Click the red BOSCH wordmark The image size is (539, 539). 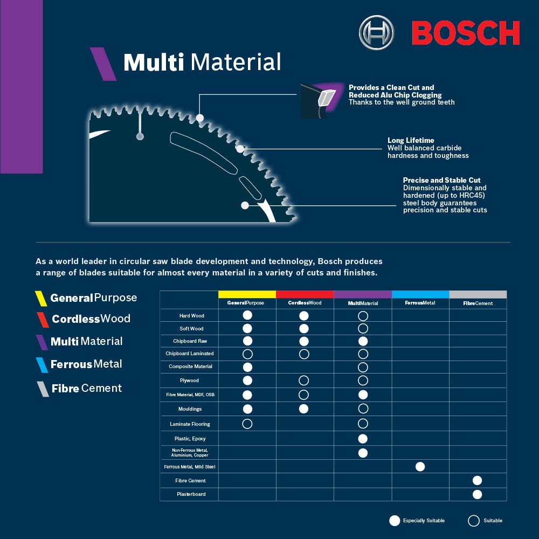click(x=466, y=33)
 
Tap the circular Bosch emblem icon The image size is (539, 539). click(x=376, y=33)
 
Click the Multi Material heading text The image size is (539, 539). click(x=202, y=63)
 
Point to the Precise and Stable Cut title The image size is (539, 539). click(x=441, y=180)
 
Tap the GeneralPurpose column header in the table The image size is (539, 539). click(x=246, y=303)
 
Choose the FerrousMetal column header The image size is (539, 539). click(x=420, y=303)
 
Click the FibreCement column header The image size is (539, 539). click(x=478, y=303)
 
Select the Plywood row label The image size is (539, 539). click(x=189, y=381)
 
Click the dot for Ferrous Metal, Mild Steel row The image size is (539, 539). click(x=420, y=467)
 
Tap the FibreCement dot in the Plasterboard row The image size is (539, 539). click(x=477, y=494)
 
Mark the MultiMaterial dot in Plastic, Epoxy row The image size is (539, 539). click(x=363, y=439)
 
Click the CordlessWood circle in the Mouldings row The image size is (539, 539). click(x=303, y=409)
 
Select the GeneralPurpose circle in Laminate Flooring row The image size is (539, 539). click(x=247, y=424)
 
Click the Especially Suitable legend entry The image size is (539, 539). click(x=417, y=521)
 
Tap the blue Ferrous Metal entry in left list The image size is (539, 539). click(x=86, y=364)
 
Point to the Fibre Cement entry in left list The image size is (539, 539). click(x=86, y=388)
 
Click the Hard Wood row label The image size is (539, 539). click(x=191, y=316)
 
